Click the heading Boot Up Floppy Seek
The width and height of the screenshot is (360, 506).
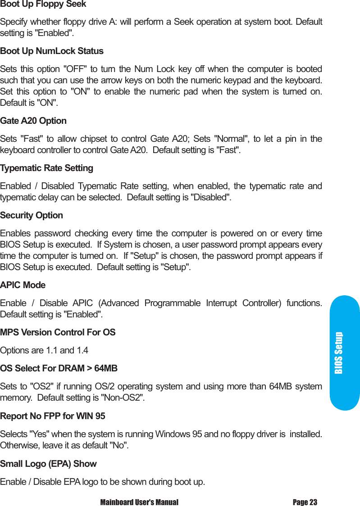[x=43, y=5]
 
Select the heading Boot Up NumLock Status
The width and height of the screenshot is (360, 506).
[x=52, y=51]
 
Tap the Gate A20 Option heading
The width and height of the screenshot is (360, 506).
[x=33, y=121]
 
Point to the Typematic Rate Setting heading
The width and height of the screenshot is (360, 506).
[x=47, y=168]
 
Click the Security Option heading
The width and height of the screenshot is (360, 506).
[x=32, y=216]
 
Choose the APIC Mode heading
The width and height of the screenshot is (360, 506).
[x=23, y=285]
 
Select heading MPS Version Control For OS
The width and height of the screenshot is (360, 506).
[x=58, y=333]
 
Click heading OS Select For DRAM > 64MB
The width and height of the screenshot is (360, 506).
[x=59, y=369]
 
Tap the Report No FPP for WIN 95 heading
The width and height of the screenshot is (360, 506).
[x=53, y=416]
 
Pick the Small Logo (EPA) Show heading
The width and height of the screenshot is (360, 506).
[x=49, y=464]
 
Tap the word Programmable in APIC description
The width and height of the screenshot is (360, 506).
[x=172, y=303]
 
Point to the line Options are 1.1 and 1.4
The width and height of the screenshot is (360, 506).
[x=44, y=351]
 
